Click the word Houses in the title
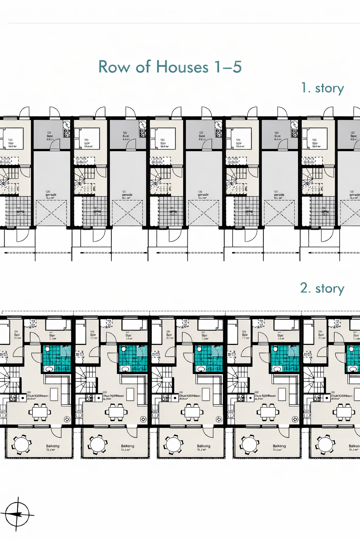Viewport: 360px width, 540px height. pos(182,67)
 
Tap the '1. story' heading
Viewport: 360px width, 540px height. pos(322,88)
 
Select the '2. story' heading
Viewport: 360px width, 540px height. pos(322,288)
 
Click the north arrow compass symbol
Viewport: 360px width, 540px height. pos(17,514)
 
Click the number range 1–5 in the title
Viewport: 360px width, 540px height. pos(228,67)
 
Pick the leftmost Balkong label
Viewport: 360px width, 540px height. pos(53,446)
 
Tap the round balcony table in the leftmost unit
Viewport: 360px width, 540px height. pos(21,444)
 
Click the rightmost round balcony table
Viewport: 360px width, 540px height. pos(325,444)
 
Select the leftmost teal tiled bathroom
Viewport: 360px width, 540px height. pos(57,358)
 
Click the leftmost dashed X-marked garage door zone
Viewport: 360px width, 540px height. pos(51,213)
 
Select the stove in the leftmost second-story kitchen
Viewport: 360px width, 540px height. pos(13,398)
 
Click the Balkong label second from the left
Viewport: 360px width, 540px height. pos(128,446)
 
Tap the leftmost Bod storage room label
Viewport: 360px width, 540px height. pos(50,136)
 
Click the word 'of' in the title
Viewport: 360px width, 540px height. pos(143,67)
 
